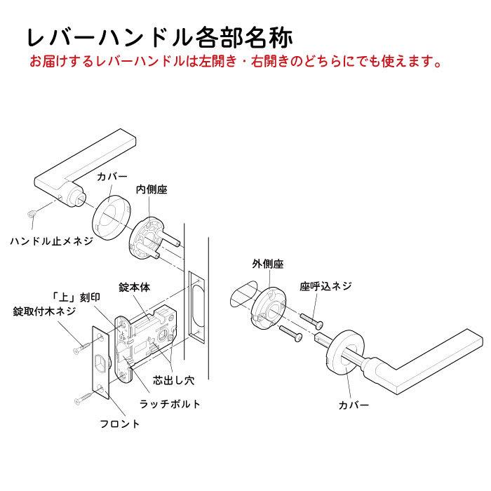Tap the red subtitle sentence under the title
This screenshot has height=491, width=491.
point(235,62)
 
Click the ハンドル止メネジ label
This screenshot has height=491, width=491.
point(51,241)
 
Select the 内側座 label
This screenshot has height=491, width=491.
point(151,190)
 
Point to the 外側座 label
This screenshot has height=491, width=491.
point(267,264)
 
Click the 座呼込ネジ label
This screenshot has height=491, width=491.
point(325,285)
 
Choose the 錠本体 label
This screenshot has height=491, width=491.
point(135,288)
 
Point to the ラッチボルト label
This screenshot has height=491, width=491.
point(170,404)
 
